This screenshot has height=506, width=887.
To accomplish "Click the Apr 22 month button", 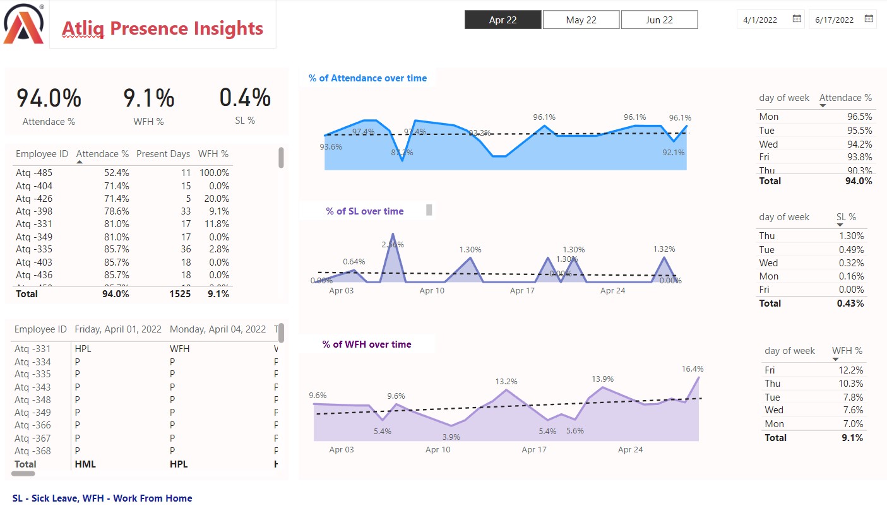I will point(503,20).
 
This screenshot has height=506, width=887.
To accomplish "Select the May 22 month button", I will point(581,20).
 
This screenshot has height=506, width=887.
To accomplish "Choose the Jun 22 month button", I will point(659,20).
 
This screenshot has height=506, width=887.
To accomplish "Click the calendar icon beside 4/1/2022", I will point(797,19).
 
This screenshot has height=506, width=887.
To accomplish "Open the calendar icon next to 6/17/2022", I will point(869,19).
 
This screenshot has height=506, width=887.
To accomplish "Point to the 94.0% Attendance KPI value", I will point(49,98).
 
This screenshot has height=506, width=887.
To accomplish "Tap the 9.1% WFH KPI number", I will point(148,98).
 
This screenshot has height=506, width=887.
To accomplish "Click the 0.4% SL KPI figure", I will point(245,98).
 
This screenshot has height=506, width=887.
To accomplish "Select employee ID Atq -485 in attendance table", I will point(34,173).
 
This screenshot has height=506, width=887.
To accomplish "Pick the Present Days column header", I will point(163,154).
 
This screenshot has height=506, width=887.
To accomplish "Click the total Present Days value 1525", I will point(179,293).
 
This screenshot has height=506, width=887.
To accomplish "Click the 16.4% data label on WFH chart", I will point(692,368).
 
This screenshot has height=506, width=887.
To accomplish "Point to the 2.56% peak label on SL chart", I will point(393,244).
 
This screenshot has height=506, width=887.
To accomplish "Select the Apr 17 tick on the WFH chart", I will point(534,449).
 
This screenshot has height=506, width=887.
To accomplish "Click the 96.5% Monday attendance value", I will point(859,117).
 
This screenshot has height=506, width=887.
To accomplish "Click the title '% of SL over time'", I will point(365,211).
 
